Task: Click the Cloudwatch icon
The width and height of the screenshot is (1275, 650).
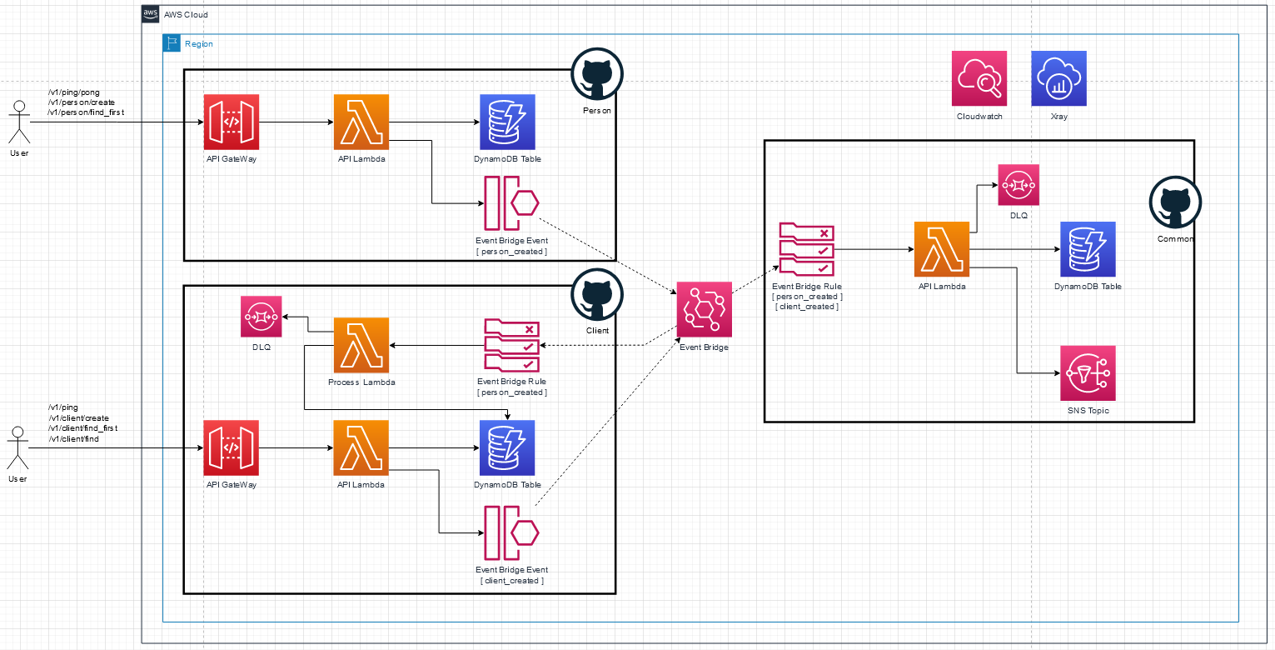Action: click(x=979, y=78)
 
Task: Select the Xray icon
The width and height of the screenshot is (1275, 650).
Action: click(x=1058, y=78)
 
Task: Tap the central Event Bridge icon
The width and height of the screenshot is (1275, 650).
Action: click(x=704, y=309)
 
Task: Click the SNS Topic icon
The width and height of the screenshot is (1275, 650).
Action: click(x=1088, y=373)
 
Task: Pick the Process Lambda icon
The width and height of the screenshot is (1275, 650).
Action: click(x=361, y=345)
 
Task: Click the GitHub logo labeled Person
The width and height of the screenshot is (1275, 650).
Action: click(x=597, y=74)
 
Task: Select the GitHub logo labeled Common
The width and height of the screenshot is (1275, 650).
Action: click(x=1175, y=202)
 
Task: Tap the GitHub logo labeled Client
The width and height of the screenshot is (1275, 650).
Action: click(x=597, y=295)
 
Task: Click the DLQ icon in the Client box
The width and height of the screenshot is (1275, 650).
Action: click(x=261, y=317)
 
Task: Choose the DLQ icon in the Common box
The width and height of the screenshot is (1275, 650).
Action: click(x=1019, y=185)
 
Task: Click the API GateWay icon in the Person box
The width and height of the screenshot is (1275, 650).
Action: click(x=232, y=122)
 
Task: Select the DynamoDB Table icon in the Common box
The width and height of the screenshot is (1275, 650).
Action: click(x=1088, y=249)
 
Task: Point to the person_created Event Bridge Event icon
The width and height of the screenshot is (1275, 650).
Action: click(x=511, y=203)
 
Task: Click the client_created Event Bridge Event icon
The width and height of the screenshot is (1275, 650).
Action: click(x=511, y=533)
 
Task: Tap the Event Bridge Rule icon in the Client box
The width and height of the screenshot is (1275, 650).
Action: click(x=511, y=345)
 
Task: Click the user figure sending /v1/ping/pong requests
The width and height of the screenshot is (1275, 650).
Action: click(x=19, y=122)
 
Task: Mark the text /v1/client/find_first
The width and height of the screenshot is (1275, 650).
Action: click(x=83, y=428)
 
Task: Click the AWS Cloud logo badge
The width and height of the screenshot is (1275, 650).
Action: click(x=150, y=13)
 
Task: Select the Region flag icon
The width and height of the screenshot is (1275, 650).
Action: click(x=172, y=43)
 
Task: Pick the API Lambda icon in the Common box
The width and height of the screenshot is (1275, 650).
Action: click(x=942, y=249)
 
